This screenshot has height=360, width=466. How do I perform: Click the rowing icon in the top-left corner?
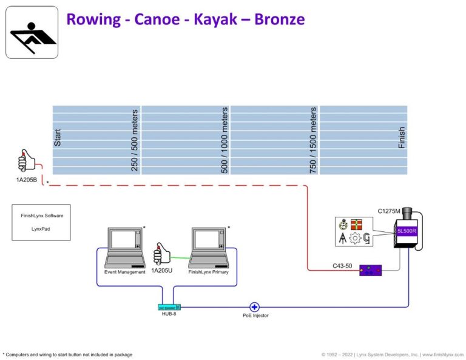click(32, 32)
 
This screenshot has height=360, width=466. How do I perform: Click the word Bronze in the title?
click(271, 19)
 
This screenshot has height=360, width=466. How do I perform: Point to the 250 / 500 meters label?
click(135, 140)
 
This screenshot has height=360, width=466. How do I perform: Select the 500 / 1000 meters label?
click(225, 140)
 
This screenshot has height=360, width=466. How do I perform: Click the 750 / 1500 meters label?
click(313, 140)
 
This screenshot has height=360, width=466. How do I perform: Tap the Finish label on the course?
click(402, 138)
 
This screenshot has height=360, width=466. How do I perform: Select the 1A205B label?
click(27, 179)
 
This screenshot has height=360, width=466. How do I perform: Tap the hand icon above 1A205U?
click(162, 254)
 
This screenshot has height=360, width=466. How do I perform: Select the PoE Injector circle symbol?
click(254, 307)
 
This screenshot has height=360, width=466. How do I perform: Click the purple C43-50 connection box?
click(370, 270)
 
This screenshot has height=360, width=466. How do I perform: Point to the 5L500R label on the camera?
click(404, 231)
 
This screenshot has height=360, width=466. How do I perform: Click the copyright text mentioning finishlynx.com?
click(392, 354)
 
